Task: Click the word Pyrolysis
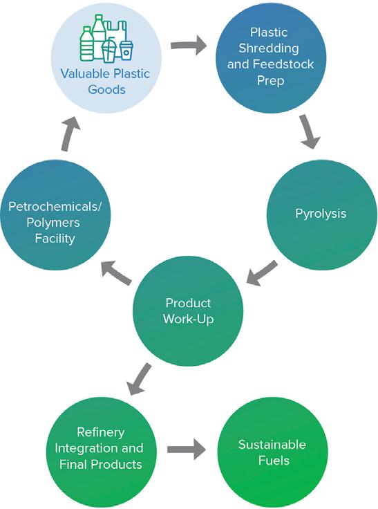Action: click(x=321, y=214)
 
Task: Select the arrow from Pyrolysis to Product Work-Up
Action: click(x=261, y=273)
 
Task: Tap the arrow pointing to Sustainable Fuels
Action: click(x=187, y=449)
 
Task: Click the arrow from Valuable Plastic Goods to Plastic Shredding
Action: click(x=189, y=45)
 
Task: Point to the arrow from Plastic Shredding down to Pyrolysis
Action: click(x=310, y=132)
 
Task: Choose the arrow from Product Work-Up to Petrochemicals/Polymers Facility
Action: click(x=117, y=273)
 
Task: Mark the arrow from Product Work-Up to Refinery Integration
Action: click(x=139, y=379)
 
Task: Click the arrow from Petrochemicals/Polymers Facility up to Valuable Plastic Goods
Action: click(x=70, y=133)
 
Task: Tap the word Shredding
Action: click(x=269, y=48)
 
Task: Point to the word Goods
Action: click(x=106, y=90)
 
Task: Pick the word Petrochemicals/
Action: click(x=55, y=207)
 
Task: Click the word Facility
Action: click(x=55, y=239)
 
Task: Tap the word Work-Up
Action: click(x=189, y=319)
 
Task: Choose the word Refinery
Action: click(x=101, y=432)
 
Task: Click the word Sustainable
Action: click(x=272, y=445)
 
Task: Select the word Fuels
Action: click(x=274, y=461)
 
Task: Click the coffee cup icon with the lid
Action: click(x=126, y=50)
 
